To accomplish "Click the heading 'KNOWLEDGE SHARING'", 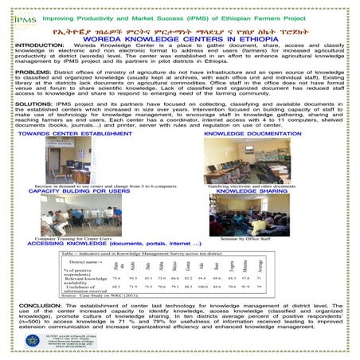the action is [252, 192].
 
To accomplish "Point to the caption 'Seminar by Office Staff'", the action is [250, 238].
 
